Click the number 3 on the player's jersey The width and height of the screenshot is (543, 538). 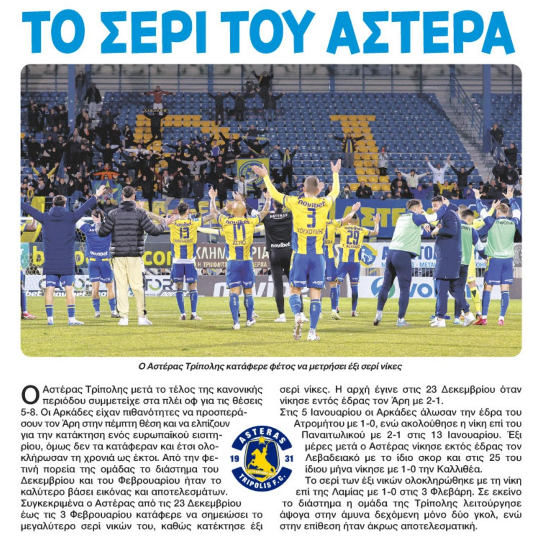point(311,218)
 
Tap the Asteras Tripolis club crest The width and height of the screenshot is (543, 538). point(262,458)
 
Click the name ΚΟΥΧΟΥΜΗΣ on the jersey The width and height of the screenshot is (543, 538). point(311,232)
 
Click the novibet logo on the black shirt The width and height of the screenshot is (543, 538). point(280,245)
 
